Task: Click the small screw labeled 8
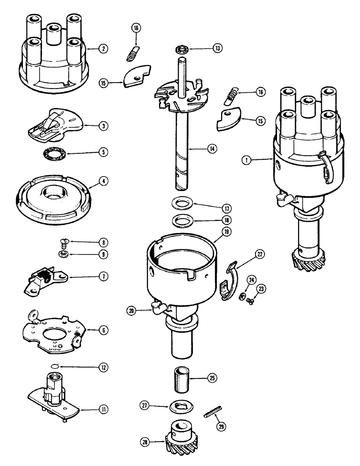(63, 242)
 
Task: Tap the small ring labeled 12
(55, 367)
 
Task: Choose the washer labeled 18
(180, 219)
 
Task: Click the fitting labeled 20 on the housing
(158, 307)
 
